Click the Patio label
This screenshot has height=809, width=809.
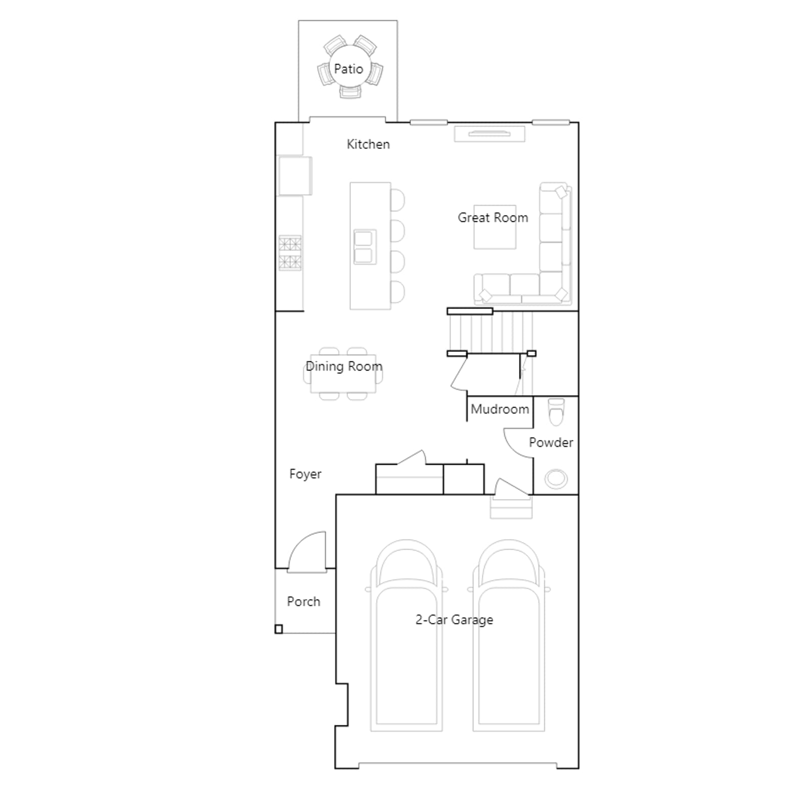pyautogui.click(x=348, y=69)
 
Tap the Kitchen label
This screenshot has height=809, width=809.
pyautogui.click(x=368, y=144)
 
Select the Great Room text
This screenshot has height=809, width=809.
pyautogui.click(x=493, y=217)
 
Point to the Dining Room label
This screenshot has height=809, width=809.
pyautogui.click(x=344, y=367)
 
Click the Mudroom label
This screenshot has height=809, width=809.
pyautogui.click(x=500, y=409)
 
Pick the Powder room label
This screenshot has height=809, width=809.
pyautogui.click(x=551, y=442)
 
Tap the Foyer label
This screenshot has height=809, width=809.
pyautogui.click(x=305, y=474)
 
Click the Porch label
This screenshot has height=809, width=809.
pyautogui.click(x=303, y=602)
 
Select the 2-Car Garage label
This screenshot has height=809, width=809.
pyautogui.click(x=454, y=620)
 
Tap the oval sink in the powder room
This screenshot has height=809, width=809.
pyautogui.click(x=556, y=479)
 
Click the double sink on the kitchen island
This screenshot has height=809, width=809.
pyautogui.click(x=365, y=247)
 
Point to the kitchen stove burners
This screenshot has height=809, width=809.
pyautogui.click(x=290, y=253)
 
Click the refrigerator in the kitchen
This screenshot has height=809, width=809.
pyautogui.click(x=295, y=175)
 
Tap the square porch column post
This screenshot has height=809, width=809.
pyautogui.click(x=279, y=629)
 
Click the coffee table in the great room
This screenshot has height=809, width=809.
pyautogui.click(x=495, y=227)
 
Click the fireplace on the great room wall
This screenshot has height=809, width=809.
pyautogui.click(x=490, y=134)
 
